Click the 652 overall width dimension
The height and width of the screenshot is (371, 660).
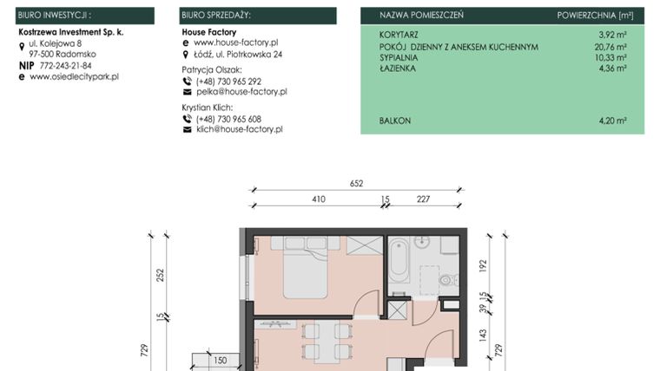coord(356,183)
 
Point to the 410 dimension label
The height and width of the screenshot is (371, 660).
coord(318,199)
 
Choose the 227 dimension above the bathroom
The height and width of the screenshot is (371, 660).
coord(423,199)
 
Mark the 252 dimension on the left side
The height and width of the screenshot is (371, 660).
coord(159,275)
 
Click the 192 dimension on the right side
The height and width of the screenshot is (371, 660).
coord(484,265)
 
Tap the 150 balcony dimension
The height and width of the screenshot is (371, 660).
coord(220,360)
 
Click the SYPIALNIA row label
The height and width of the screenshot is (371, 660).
coord(399,57)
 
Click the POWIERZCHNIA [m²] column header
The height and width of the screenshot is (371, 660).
coord(595,16)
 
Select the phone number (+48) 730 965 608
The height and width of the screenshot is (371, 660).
coord(228,119)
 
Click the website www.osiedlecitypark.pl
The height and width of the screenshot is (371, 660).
coord(74,76)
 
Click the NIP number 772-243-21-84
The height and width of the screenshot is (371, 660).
coord(65,65)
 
